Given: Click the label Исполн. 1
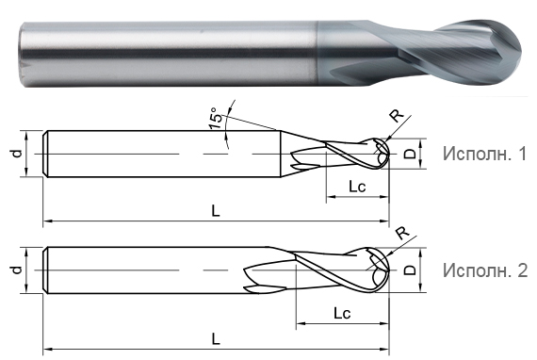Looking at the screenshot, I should coord(484,154).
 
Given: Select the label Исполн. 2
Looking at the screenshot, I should coord(484,270).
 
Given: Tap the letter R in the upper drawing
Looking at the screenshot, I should coord(397,117).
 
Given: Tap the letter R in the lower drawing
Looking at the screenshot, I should coord(400,234).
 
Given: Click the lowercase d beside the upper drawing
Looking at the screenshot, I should coord(16,153).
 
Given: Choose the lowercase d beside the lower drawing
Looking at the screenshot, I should coord(16,271).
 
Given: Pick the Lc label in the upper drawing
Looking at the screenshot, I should coord(357,187).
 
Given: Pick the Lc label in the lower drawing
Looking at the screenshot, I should coord(343,312).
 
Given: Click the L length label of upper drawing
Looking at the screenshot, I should coord(216,211).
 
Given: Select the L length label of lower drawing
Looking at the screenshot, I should coord(216,337).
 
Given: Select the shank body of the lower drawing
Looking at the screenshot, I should coord(141,270).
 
